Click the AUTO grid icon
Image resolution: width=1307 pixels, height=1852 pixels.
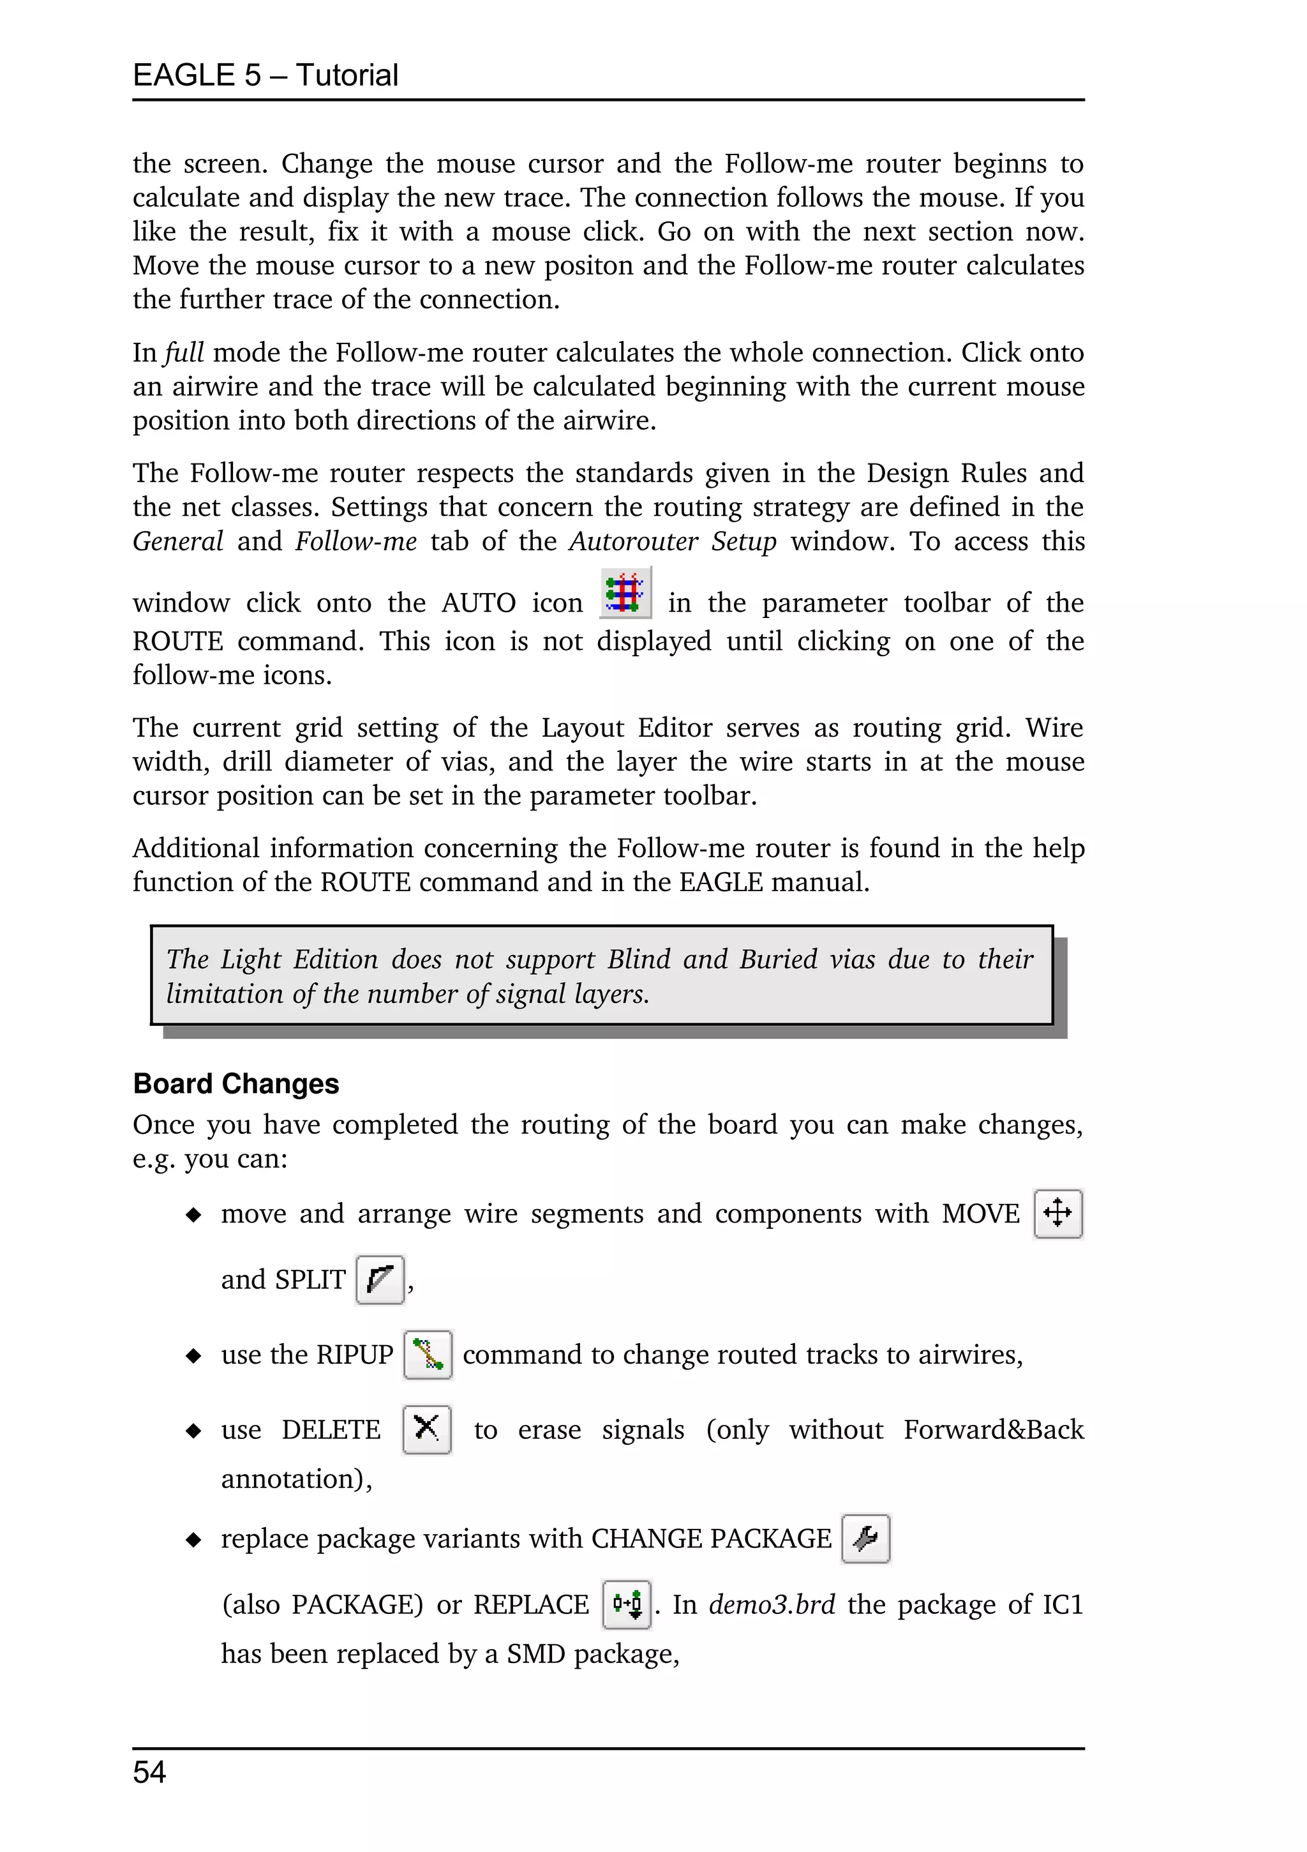point(625,594)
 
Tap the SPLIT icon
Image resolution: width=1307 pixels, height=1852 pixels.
point(380,1279)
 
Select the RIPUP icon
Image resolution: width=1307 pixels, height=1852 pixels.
point(428,1354)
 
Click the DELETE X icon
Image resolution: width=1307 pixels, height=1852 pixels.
point(426,1429)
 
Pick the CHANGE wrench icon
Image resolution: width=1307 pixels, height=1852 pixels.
point(865,1538)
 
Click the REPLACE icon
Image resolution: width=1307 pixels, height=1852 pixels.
point(627,1604)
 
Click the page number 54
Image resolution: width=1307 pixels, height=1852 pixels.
point(149,1772)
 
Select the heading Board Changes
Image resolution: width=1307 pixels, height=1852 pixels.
point(235,1083)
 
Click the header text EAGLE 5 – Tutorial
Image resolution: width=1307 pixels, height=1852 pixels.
point(265,75)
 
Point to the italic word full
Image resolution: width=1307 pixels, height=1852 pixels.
point(184,352)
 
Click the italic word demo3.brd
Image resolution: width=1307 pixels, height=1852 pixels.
point(772,1604)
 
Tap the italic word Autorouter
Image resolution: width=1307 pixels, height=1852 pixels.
point(633,541)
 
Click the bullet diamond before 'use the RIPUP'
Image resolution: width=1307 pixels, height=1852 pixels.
point(193,1355)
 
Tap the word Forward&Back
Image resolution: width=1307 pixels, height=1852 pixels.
point(994,1429)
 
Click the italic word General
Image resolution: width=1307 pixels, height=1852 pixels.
point(177,541)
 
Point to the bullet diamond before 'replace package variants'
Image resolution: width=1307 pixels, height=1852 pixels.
point(193,1540)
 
